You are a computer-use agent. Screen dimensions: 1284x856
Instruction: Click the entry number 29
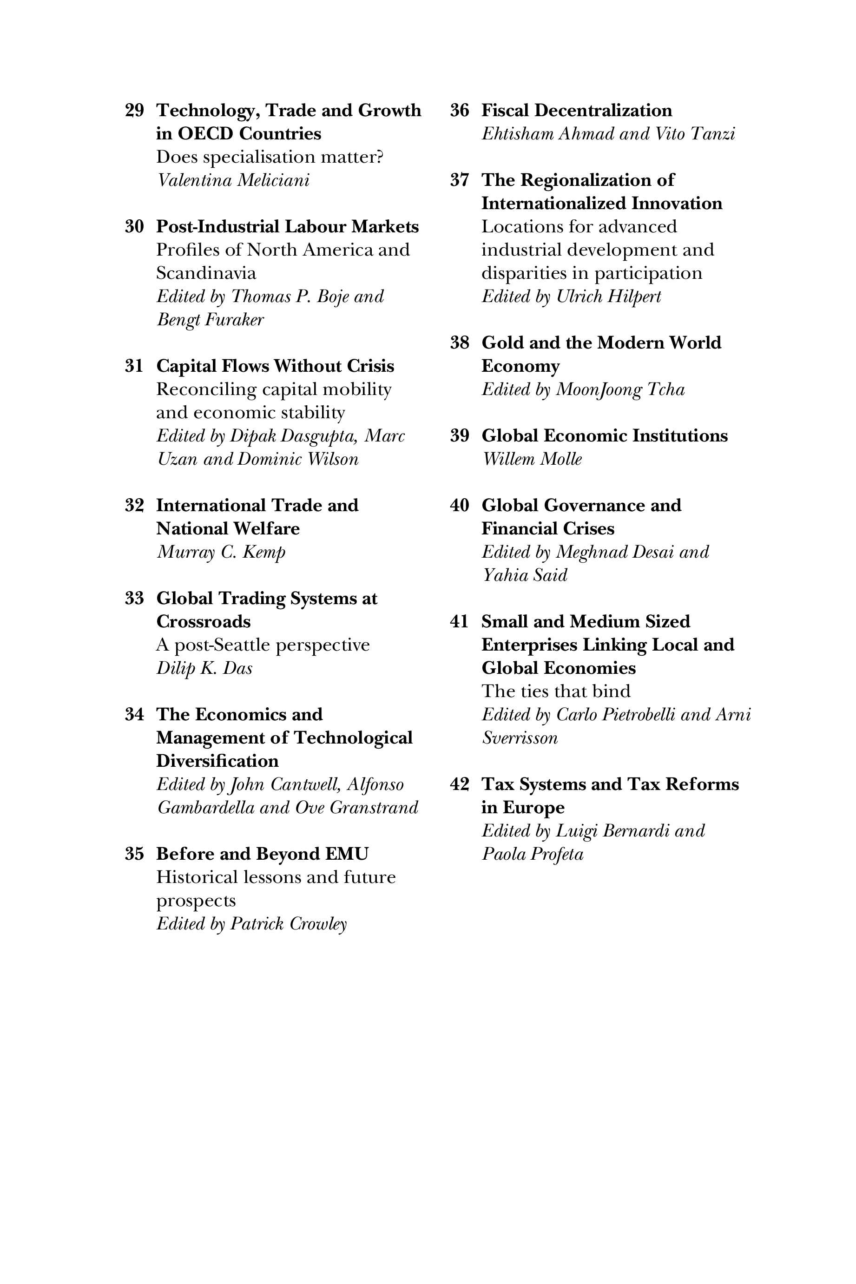pos(134,110)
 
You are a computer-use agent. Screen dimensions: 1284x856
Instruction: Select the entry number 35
pos(134,854)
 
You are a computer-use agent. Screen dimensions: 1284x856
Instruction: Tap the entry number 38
pos(459,343)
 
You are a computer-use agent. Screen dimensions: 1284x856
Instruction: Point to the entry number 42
pos(459,784)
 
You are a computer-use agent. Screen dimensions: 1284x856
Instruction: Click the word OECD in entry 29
pos(205,134)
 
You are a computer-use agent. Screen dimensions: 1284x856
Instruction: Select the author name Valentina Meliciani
pos(233,180)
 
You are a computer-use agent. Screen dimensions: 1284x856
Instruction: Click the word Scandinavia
pos(206,273)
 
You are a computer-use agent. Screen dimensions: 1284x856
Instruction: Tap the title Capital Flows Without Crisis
pos(275,366)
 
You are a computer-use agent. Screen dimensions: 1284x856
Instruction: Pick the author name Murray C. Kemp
pos(221,552)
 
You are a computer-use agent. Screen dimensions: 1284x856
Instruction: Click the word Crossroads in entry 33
pos(203,622)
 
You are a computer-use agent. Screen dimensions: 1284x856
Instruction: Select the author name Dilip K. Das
pos(204,668)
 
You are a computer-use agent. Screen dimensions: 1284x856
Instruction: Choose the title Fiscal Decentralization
pos(577,110)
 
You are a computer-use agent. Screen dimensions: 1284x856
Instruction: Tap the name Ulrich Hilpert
pos(608,296)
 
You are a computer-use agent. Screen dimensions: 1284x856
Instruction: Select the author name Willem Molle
pos(532,459)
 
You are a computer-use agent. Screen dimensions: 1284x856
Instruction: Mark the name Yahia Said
pos(525,575)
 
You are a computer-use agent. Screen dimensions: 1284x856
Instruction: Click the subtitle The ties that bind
pos(556,691)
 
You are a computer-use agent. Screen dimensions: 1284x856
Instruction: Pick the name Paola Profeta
pos(532,854)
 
